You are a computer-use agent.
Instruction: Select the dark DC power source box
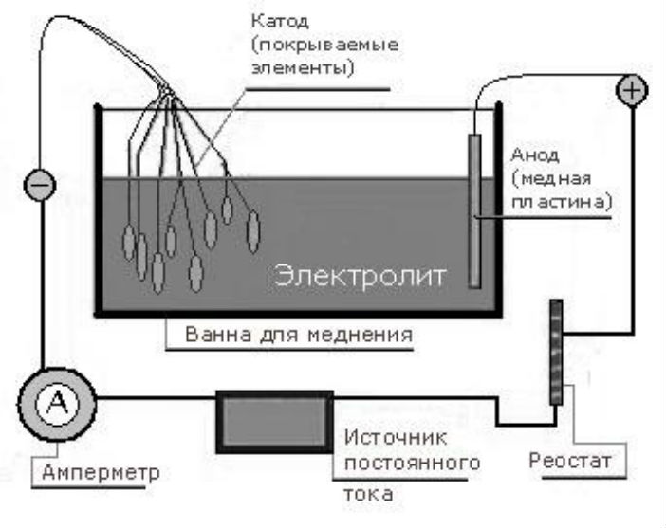275,419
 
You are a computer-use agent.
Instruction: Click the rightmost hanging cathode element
252,231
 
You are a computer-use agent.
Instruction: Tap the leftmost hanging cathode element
129,241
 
